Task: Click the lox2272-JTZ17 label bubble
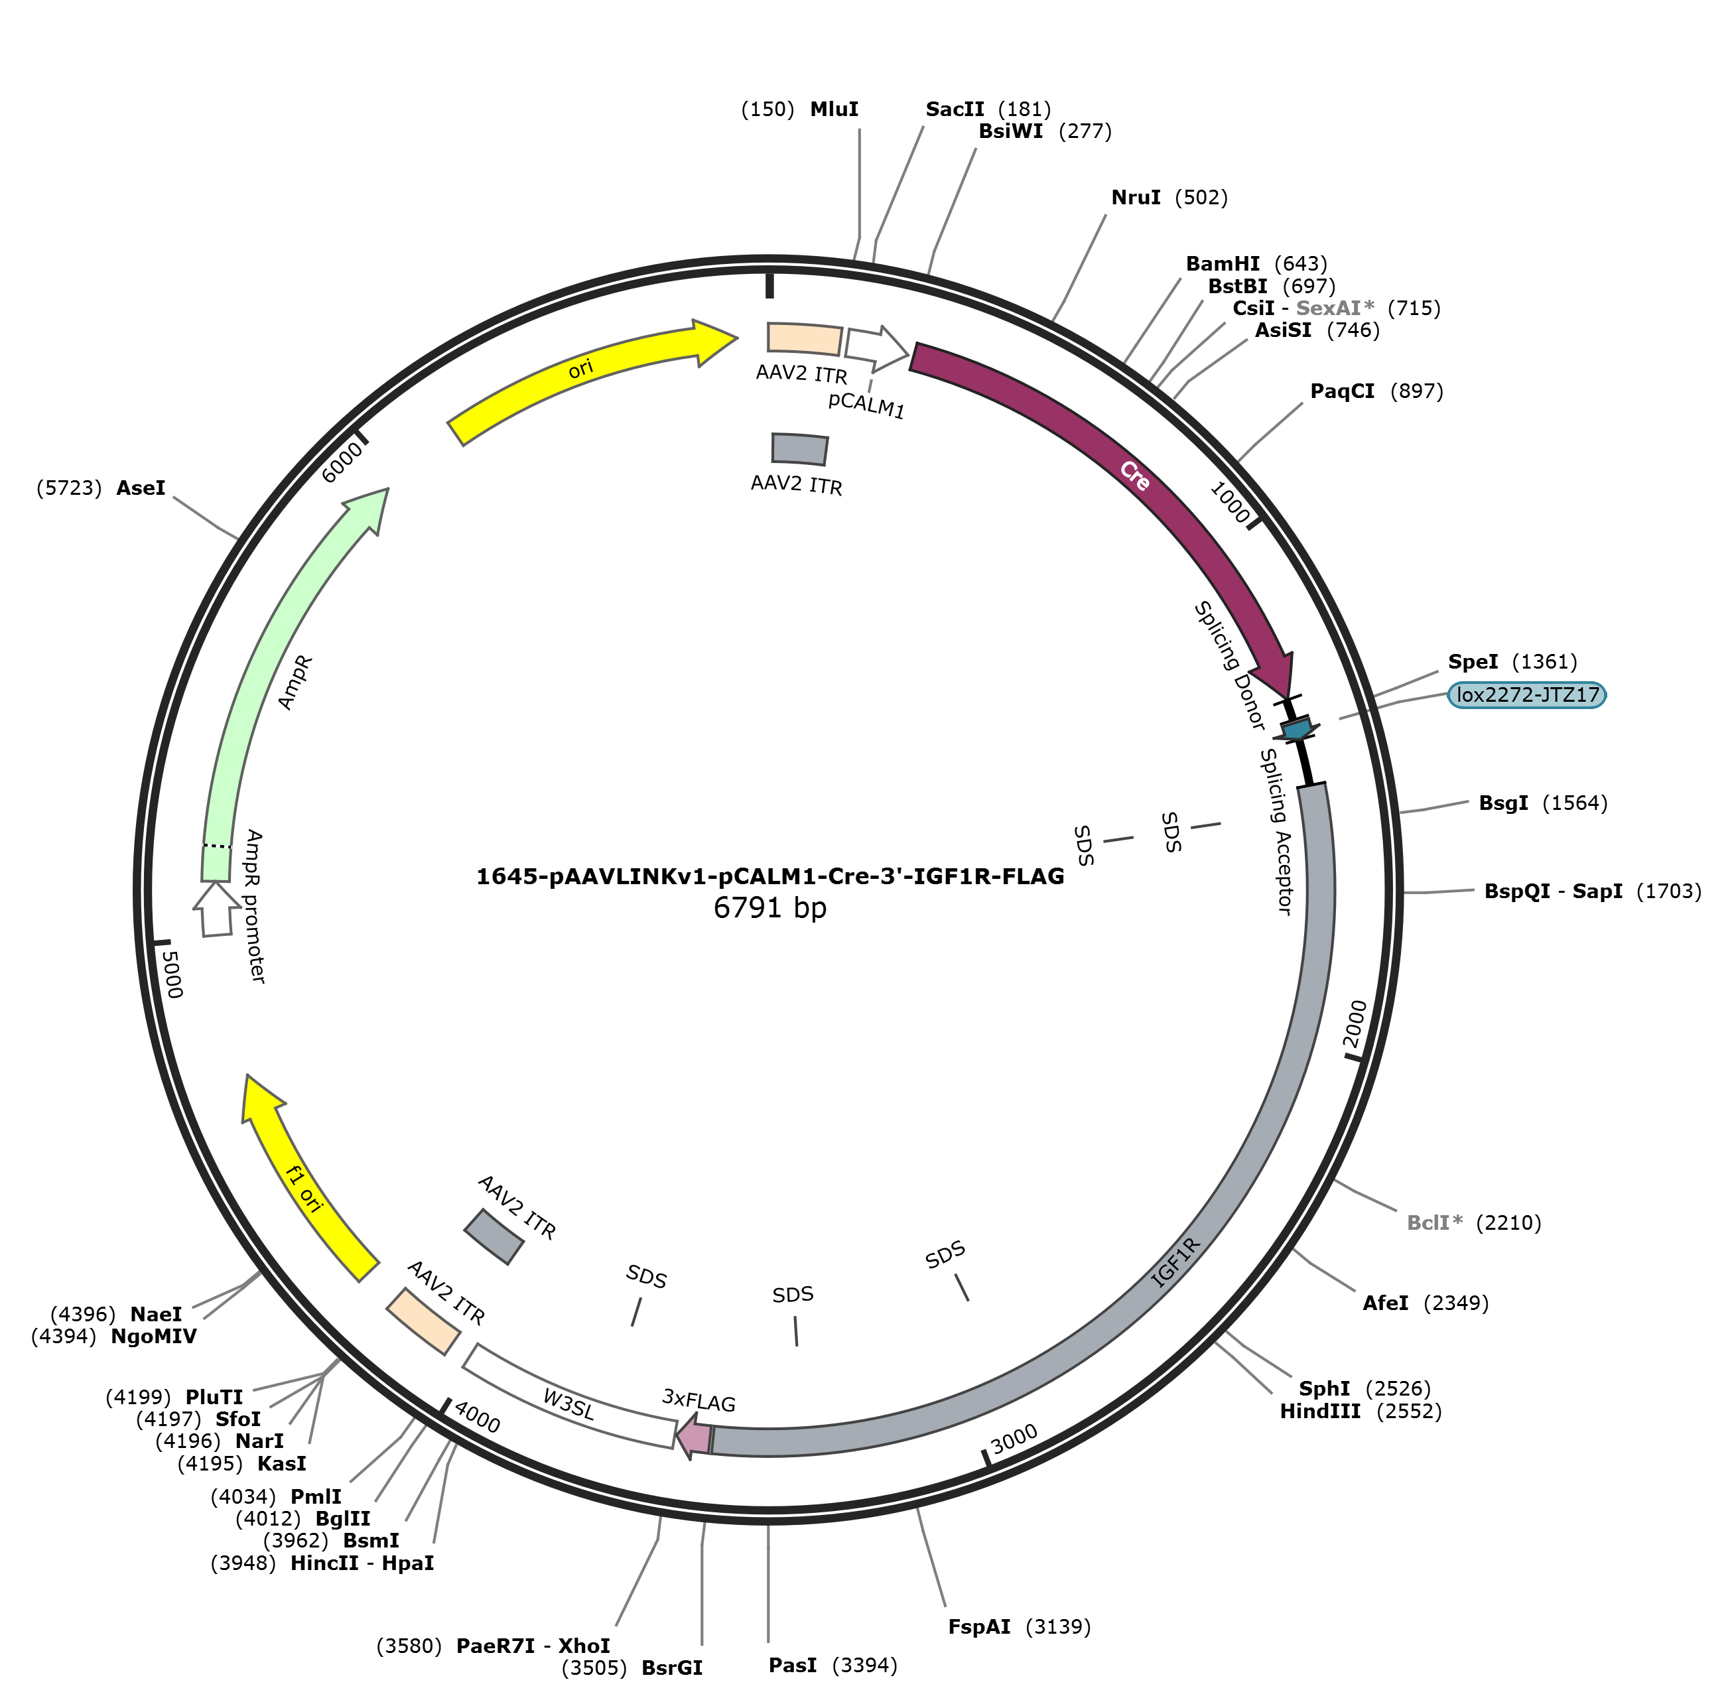(x=1527, y=694)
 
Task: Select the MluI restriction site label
(x=834, y=109)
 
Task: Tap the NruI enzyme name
(x=1136, y=197)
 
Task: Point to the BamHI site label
(x=1223, y=263)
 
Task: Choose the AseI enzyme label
(x=141, y=488)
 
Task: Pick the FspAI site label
(x=978, y=1626)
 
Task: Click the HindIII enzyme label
(x=1320, y=1412)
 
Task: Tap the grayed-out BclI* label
(x=1435, y=1223)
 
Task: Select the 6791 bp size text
(x=770, y=907)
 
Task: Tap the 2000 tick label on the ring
(x=1355, y=1024)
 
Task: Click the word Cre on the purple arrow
(x=1134, y=476)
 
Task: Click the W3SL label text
(x=568, y=1404)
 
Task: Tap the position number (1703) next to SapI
(x=1669, y=891)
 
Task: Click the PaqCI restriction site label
(x=1341, y=391)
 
